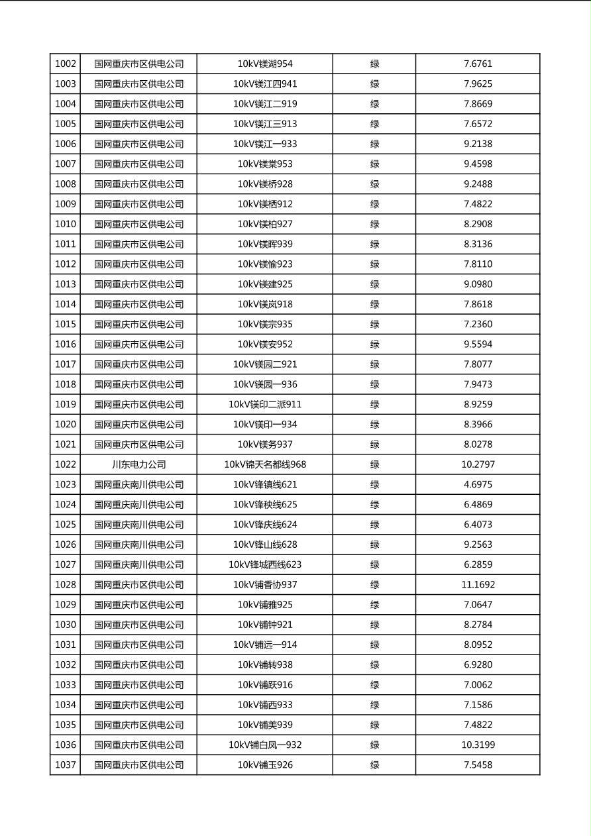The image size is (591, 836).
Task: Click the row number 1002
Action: pos(66,64)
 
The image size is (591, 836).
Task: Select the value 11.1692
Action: pos(478,585)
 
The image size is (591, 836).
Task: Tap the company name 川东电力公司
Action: pos(138,464)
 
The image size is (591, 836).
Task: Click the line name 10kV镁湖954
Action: pos(265,64)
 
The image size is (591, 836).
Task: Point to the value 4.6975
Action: pos(478,484)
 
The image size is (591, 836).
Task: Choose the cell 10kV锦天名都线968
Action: pos(265,464)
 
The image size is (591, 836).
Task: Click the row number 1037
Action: pos(66,765)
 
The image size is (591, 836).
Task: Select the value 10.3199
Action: pos(478,745)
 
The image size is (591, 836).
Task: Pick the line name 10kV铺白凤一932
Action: pos(265,745)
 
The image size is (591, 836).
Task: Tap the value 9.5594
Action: pos(478,344)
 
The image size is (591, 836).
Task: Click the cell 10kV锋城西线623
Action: pos(265,565)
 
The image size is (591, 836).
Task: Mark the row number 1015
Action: pos(66,325)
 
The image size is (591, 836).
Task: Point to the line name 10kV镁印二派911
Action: pos(265,405)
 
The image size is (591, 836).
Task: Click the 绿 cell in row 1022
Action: pos(374,464)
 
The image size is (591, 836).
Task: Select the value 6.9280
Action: pos(478,665)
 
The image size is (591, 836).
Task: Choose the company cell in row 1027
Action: pos(138,565)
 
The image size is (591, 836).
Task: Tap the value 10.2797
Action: pos(478,464)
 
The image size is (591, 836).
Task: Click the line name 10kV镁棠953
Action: pos(265,164)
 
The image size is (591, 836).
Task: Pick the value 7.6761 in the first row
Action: pos(478,64)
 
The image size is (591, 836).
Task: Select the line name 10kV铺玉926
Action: pos(265,765)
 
